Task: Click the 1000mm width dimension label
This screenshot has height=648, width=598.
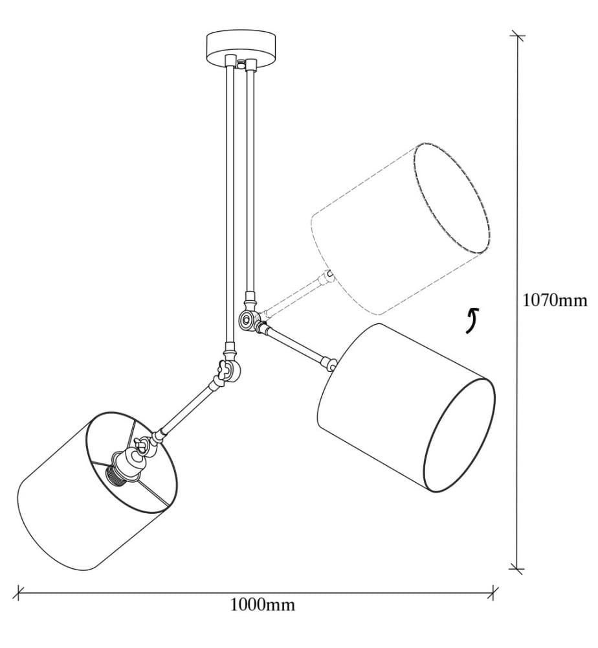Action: click(x=263, y=605)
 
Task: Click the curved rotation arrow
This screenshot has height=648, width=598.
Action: click(x=472, y=320)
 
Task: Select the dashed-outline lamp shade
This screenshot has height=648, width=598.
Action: click(x=401, y=229)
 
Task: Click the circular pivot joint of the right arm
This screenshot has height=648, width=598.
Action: click(x=248, y=319)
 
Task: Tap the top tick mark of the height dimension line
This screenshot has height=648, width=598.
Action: click(x=518, y=36)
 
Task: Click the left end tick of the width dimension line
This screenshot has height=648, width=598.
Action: click(x=17, y=592)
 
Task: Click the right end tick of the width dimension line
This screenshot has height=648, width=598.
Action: click(x=493, y=592)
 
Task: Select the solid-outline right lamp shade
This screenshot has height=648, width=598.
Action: click(x=406, y=408)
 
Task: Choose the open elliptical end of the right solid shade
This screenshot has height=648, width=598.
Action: click(x=460, y=435)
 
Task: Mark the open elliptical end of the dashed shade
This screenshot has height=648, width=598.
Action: click(x=453, y=198)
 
